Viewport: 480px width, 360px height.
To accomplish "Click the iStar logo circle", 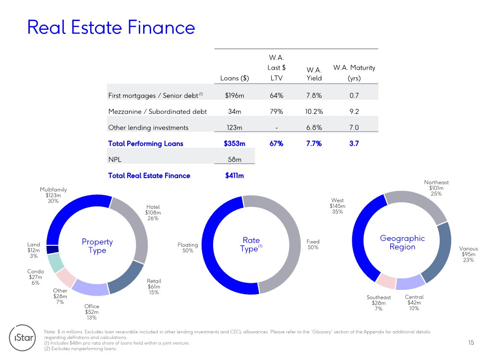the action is point(23,337).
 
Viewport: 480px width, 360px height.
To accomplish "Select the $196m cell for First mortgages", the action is point(235,96).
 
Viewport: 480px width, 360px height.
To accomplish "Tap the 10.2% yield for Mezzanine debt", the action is point(314,111).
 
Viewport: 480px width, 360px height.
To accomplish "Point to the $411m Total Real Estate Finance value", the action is point(235,175).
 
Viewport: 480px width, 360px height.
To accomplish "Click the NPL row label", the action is point(115,159).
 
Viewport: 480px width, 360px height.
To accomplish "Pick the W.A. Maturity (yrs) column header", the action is point(354,72).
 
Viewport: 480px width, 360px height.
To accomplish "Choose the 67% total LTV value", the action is point(276,144).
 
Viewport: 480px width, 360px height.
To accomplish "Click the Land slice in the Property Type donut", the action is point(52,249).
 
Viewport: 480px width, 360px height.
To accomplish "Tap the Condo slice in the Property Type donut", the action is point(56,263).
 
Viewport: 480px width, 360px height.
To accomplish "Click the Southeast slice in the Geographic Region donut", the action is point(386,281).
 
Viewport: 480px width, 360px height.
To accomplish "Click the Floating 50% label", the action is point(188,248).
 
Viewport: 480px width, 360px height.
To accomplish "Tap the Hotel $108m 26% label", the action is point(153,213).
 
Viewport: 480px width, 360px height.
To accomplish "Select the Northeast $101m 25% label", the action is point(436,188).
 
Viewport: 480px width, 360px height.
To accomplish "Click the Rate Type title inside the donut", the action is point(251,244).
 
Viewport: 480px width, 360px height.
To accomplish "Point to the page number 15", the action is point(471,343).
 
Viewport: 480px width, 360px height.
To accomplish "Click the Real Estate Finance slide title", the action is point(111,27).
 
